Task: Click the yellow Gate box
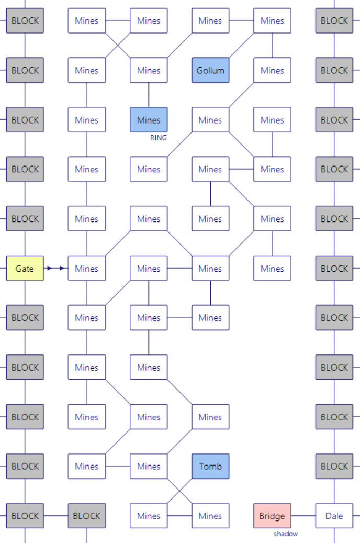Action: click(25, 269)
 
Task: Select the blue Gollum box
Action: click(210, 70)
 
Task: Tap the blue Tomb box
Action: click(210, 466)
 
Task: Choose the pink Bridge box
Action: click(272, 516)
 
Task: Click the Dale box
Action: click(334, 516)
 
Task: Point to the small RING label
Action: click(159, 138)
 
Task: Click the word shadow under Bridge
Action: click(286, 534)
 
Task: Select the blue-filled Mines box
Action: click(149, 120)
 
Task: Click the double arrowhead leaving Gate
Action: click(55, 269)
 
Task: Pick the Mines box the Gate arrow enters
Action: click(87, 269)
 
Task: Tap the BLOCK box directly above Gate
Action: click(25, 219)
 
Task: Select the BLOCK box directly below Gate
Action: click(25, 318)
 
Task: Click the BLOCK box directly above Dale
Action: click(334, 466)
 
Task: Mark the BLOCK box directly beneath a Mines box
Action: click(87, 516)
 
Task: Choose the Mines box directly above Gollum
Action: click(210, 21)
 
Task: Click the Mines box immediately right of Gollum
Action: click(272, 70)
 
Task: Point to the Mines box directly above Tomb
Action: click(210, 417)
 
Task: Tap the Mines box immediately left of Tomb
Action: click(149, 466)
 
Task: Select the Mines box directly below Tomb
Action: click(210, 516)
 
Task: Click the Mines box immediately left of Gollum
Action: click(149, 70)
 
